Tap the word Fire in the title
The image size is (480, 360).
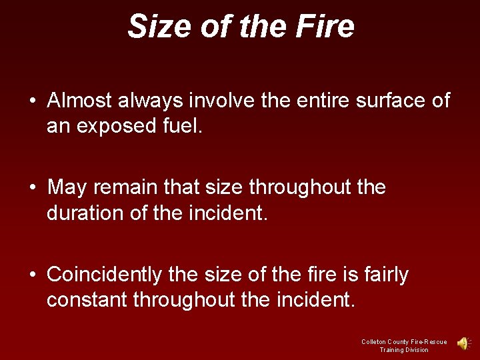[326, 27]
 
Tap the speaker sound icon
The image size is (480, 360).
[463, 343]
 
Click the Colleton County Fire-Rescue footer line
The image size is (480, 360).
[404, 341]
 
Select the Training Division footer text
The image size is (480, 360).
[404, 350]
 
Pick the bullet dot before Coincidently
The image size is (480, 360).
[33, 275]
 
